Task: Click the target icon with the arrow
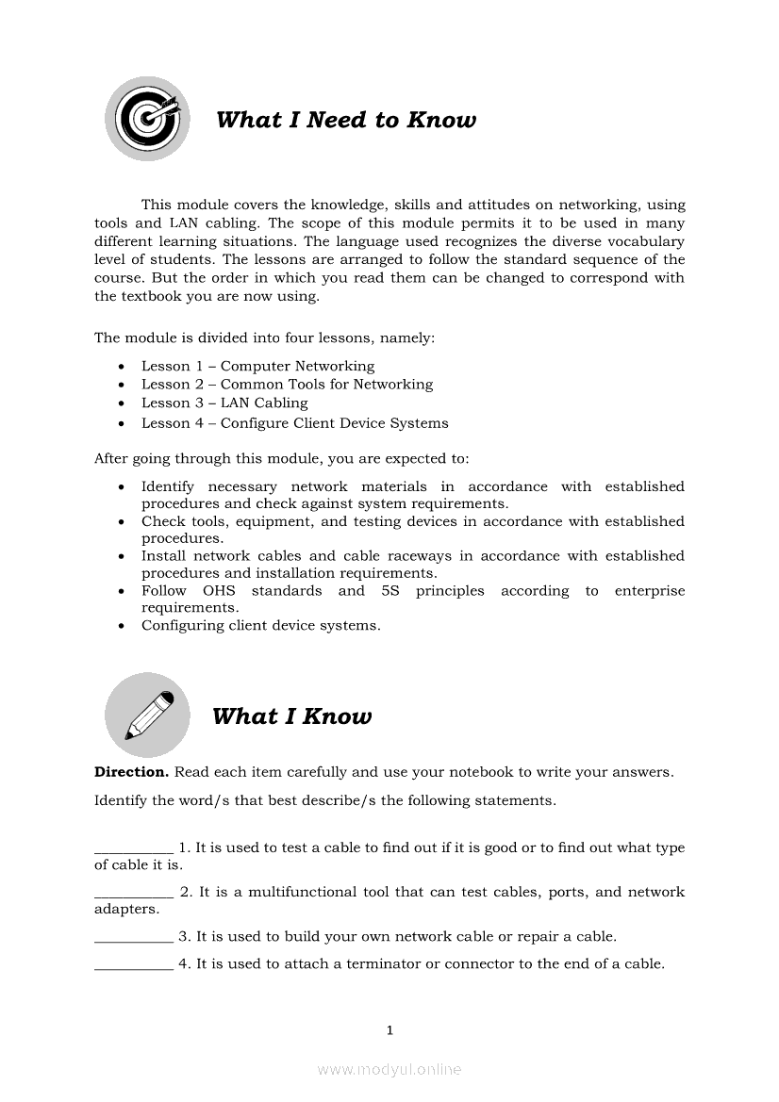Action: click(x=147, y=119)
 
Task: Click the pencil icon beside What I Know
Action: click(x=147, y=715)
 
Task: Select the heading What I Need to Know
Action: click(x=346, y=120)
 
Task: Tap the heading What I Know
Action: click(x=292, y=716)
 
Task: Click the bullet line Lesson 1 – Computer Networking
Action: click(x=257, y=366)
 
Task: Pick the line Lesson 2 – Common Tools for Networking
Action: click(x=287, y=384)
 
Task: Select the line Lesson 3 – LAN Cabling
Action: click(x=224, y=403)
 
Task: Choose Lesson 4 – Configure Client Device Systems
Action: click(x=294, y=423)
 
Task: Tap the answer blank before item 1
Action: click(x=134, y=848)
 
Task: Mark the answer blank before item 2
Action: click(x=134, y=893)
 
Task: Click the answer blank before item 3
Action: click(x=134, y=938)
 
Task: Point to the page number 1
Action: click(x=389, y=1030)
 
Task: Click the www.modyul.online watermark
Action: click(x=389, y=1070)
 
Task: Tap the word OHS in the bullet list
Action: click(x=219, y=591)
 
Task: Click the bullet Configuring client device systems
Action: click(x=260, y=625)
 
